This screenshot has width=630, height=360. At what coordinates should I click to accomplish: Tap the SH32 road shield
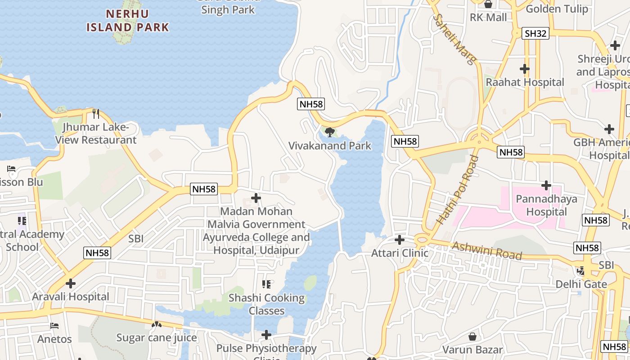535,33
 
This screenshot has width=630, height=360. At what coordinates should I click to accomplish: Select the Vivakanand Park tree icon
330,132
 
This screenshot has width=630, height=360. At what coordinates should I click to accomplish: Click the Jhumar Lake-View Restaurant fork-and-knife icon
95,113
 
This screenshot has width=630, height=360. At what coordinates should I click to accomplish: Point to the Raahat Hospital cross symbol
524,69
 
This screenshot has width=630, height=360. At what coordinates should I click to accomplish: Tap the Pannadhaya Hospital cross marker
546,185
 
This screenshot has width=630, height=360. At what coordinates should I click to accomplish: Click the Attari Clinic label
400,253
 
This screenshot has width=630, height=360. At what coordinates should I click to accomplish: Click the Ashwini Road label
487,251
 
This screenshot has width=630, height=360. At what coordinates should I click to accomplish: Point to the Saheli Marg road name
453,39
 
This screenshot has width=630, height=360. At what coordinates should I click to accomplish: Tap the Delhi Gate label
581,284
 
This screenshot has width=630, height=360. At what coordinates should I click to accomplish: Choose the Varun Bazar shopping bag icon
472,336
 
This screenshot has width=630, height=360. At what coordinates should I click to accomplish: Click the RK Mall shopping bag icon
488,4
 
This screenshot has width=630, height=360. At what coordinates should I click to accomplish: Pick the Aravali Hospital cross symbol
71,283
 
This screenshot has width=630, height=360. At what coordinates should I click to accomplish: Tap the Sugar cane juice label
157,337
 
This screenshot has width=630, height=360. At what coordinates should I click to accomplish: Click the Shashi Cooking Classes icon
266,284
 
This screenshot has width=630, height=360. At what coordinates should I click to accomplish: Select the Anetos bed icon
54,325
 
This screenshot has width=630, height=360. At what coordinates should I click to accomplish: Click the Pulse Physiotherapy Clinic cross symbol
266,335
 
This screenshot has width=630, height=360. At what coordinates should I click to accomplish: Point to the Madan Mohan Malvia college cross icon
256,198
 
